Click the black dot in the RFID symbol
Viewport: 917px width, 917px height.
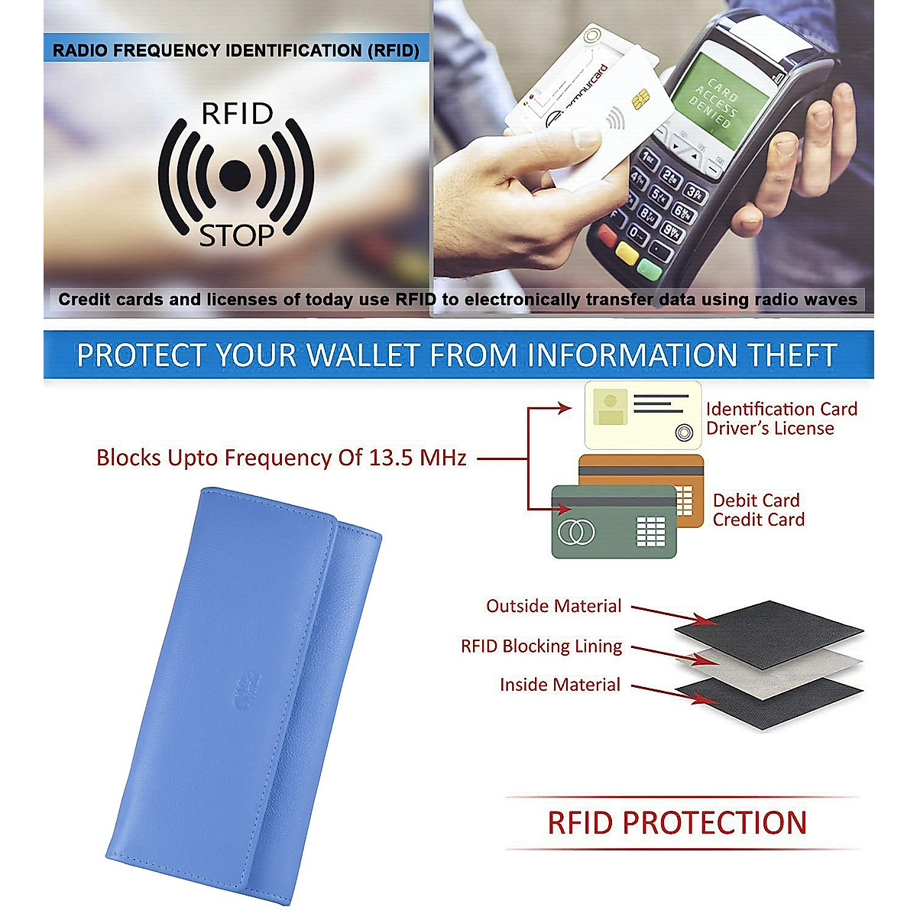point(235,175)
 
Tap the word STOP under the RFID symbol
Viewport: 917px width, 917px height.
point(236,235)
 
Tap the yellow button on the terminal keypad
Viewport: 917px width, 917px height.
point(627,253)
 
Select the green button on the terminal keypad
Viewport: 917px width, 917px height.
point(649,269)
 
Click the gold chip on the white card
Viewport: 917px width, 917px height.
point(640,99)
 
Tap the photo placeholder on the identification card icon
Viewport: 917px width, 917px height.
point(611,407)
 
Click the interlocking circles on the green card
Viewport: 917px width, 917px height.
point(576,532)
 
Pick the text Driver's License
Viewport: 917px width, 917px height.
point(770,428)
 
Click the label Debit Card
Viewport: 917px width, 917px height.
point(757,501)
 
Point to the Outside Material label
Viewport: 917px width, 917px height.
point(553,606)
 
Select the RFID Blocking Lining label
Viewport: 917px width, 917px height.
point(542,646)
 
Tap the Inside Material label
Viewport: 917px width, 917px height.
point(560,684)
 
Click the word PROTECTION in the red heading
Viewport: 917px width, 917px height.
point(714,823)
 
